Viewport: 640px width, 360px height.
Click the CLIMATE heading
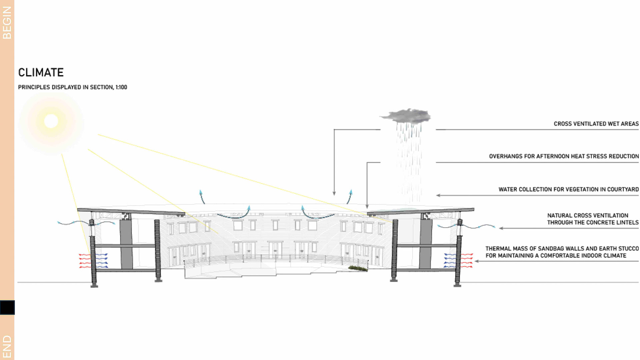(x=41, y=72)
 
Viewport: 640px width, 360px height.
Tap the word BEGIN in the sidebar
(x=7, y=23)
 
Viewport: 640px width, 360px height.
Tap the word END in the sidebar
(x=7, y=347)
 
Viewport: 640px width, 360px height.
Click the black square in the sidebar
(x=7, y=307)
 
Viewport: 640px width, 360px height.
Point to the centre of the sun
(x=51, y=121)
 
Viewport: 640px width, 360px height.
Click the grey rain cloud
(x=406, y=116)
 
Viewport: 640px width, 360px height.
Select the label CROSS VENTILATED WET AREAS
(x=596, y=124)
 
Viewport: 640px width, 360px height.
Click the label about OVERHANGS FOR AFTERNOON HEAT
(x=564, y=156)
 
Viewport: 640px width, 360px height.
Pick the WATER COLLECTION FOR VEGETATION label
(x=568, y=189)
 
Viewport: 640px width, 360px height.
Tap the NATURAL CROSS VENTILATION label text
(x=592, y=219)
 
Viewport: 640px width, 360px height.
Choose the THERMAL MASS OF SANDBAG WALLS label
(x=562, y=252)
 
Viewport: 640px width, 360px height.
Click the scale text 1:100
(x=121, y=87)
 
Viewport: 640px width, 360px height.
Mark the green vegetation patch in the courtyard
(x=358, y=268)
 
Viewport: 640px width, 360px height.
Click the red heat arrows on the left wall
(x=85, y=261)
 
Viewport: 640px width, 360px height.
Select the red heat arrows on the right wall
(x=467, y=261)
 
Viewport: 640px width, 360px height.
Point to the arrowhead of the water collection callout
(x=438, y=195)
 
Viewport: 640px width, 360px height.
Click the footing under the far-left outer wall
(x=94, y=286)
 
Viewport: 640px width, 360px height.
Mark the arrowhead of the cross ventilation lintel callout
(x=501, y=228)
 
